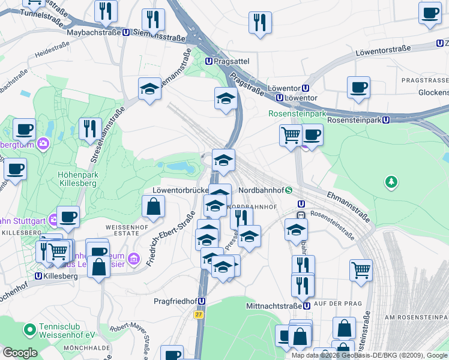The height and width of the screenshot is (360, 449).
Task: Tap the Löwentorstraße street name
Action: [x=382, y=50]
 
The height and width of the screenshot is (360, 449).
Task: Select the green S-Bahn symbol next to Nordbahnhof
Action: [x=289, y=190]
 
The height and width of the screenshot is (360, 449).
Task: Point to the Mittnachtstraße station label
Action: [x=274, y=306]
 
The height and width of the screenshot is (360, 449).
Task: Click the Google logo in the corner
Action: [x=20, y=353]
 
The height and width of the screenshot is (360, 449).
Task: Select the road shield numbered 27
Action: [x=198, y=314]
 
